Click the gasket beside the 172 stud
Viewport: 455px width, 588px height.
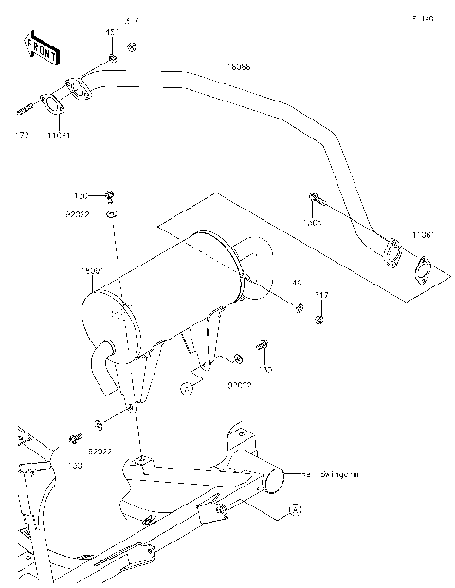click(53, 103)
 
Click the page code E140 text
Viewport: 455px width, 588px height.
click(422, 19)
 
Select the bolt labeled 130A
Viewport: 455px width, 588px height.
click(316, 199)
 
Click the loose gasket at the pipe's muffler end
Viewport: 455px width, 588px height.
click(424, 271)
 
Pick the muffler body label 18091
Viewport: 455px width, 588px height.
click(93, 272)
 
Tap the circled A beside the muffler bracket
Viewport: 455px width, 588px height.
click(188, 387)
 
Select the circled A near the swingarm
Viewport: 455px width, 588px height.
click(294, 510)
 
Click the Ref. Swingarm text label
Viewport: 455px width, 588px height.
click(332, 471)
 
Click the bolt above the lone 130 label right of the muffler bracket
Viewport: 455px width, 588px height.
click(263, 344)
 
